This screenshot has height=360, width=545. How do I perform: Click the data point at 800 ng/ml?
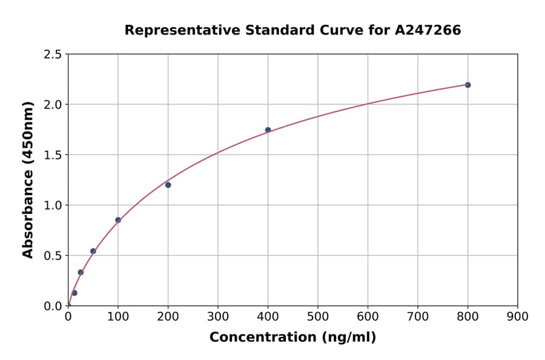point(467,85)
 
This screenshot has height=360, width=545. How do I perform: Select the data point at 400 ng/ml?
point(268,130)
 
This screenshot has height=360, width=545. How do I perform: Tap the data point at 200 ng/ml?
point(168,185)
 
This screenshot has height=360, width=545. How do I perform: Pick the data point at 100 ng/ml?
point(118,220)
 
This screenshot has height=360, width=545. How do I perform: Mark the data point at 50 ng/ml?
point(93,251)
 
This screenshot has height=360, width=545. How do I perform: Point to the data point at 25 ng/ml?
point(81,272)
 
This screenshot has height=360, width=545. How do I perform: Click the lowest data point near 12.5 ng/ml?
point(74,293)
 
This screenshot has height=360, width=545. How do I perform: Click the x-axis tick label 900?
point(517,316)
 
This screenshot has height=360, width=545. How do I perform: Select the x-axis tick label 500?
point(317,316)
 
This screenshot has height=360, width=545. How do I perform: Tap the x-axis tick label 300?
point(218,316)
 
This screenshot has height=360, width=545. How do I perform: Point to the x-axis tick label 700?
point(417,316)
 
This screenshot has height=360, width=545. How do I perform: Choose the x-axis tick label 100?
point(118,316)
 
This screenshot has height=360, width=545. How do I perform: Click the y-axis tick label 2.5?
point(53,55)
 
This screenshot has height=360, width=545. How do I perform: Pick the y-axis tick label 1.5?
point(53,155)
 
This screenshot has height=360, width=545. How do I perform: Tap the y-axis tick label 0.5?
point(53,256)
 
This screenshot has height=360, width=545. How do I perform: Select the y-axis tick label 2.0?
point(53,105)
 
